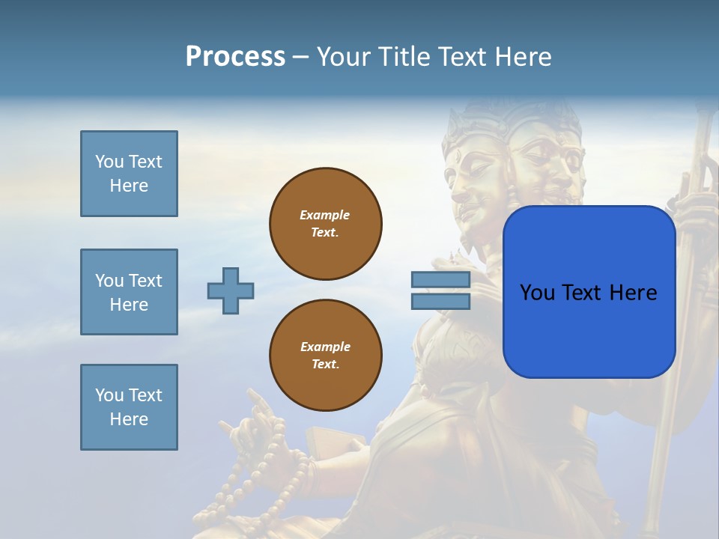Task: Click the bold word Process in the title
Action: point(235,57)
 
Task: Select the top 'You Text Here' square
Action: point(129,174)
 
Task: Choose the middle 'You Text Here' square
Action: point(129,292)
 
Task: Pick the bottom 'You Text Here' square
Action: point(129,407)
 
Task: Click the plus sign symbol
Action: point(231,290)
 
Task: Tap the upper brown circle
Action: point(325,224)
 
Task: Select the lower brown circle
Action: point(325,356)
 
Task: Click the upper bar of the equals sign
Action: point(440,280)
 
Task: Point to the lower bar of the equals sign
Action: point(440,302)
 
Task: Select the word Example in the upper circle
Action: point(325,215)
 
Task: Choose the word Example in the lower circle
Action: point(325,347)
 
